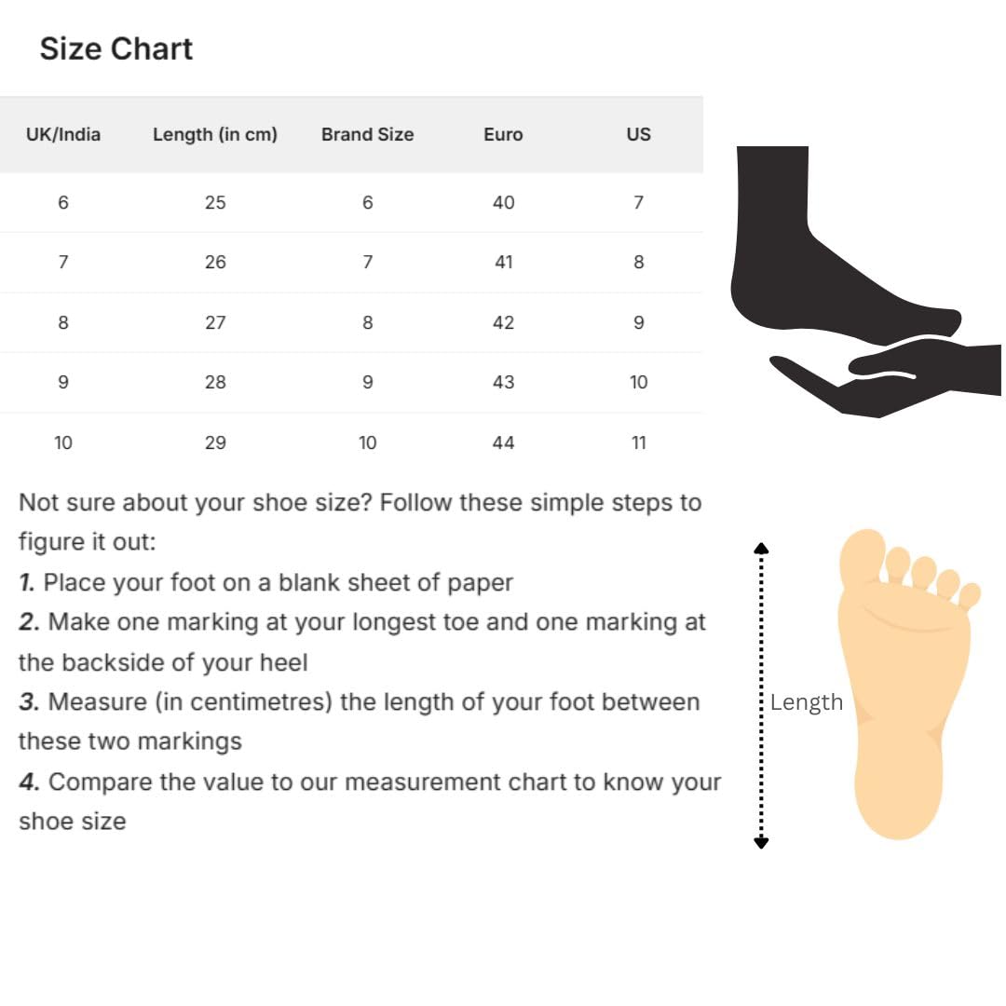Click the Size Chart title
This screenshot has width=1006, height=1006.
click(x=116, y=48)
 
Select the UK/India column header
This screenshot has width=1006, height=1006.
click(x=63, y=134)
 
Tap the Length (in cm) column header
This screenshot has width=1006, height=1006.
click(x=215, y=134)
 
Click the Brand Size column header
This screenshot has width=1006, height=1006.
click(x=367, y=134)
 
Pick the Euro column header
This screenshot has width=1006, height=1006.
click(x=503, y=134)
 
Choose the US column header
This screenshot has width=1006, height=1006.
click(x=638, y=134)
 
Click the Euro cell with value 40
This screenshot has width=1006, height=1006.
click(x=503, y=202)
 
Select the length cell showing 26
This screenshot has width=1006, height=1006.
click(x=215, y=262)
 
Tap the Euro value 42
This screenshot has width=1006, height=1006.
click(x=503, y=322)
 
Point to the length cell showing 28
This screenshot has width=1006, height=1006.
click(x=215, y=382)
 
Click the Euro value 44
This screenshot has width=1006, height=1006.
click(x=503, y=442)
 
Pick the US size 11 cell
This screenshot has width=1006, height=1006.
click(x=638, y=442)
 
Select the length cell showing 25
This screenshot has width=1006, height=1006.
click(x=215, y=202)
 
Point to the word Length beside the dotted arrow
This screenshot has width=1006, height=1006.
click(x=806, y=702)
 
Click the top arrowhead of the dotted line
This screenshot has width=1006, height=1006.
click(x=761, y=548)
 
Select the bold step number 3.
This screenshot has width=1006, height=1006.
click(x=28, y=701)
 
